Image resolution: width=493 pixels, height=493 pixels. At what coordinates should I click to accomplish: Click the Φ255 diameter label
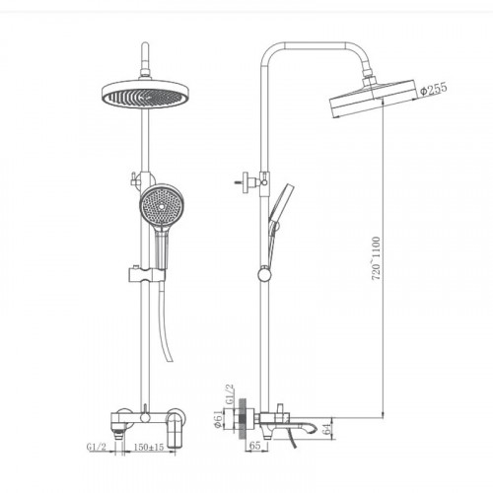[x=434, y=89]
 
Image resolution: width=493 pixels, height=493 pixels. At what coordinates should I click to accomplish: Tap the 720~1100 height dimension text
[x=376, y=258]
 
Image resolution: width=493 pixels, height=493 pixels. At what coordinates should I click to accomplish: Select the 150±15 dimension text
[x=149, y=447]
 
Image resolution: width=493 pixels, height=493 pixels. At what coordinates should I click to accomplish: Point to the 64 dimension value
[x=326, y=429]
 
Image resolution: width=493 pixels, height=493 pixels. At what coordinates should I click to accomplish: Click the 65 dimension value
[x=255, y=446]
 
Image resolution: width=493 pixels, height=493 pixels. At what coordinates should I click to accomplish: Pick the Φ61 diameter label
[x=218, y=419]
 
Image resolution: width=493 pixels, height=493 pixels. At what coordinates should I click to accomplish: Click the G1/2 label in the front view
[x=97, y=447]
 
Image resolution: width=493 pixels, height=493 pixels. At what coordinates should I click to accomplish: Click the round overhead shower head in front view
[x=145, y=94]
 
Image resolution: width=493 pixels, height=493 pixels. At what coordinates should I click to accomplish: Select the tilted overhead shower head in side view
[x=373, y=99]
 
